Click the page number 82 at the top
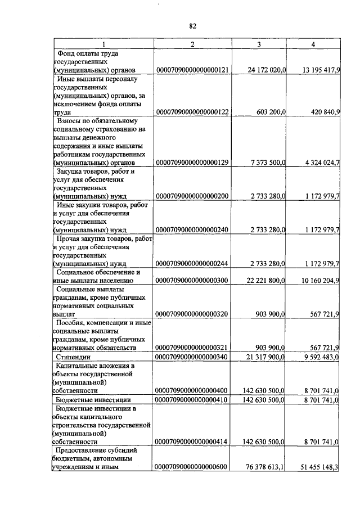tap(192, 26)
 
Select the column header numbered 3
tap(259, 44)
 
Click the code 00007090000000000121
tap(192, 70)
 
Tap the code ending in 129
tap(192, 163)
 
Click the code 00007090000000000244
tap(192, 264)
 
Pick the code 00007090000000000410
tap(192, 399)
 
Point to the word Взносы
tap(70, 121)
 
